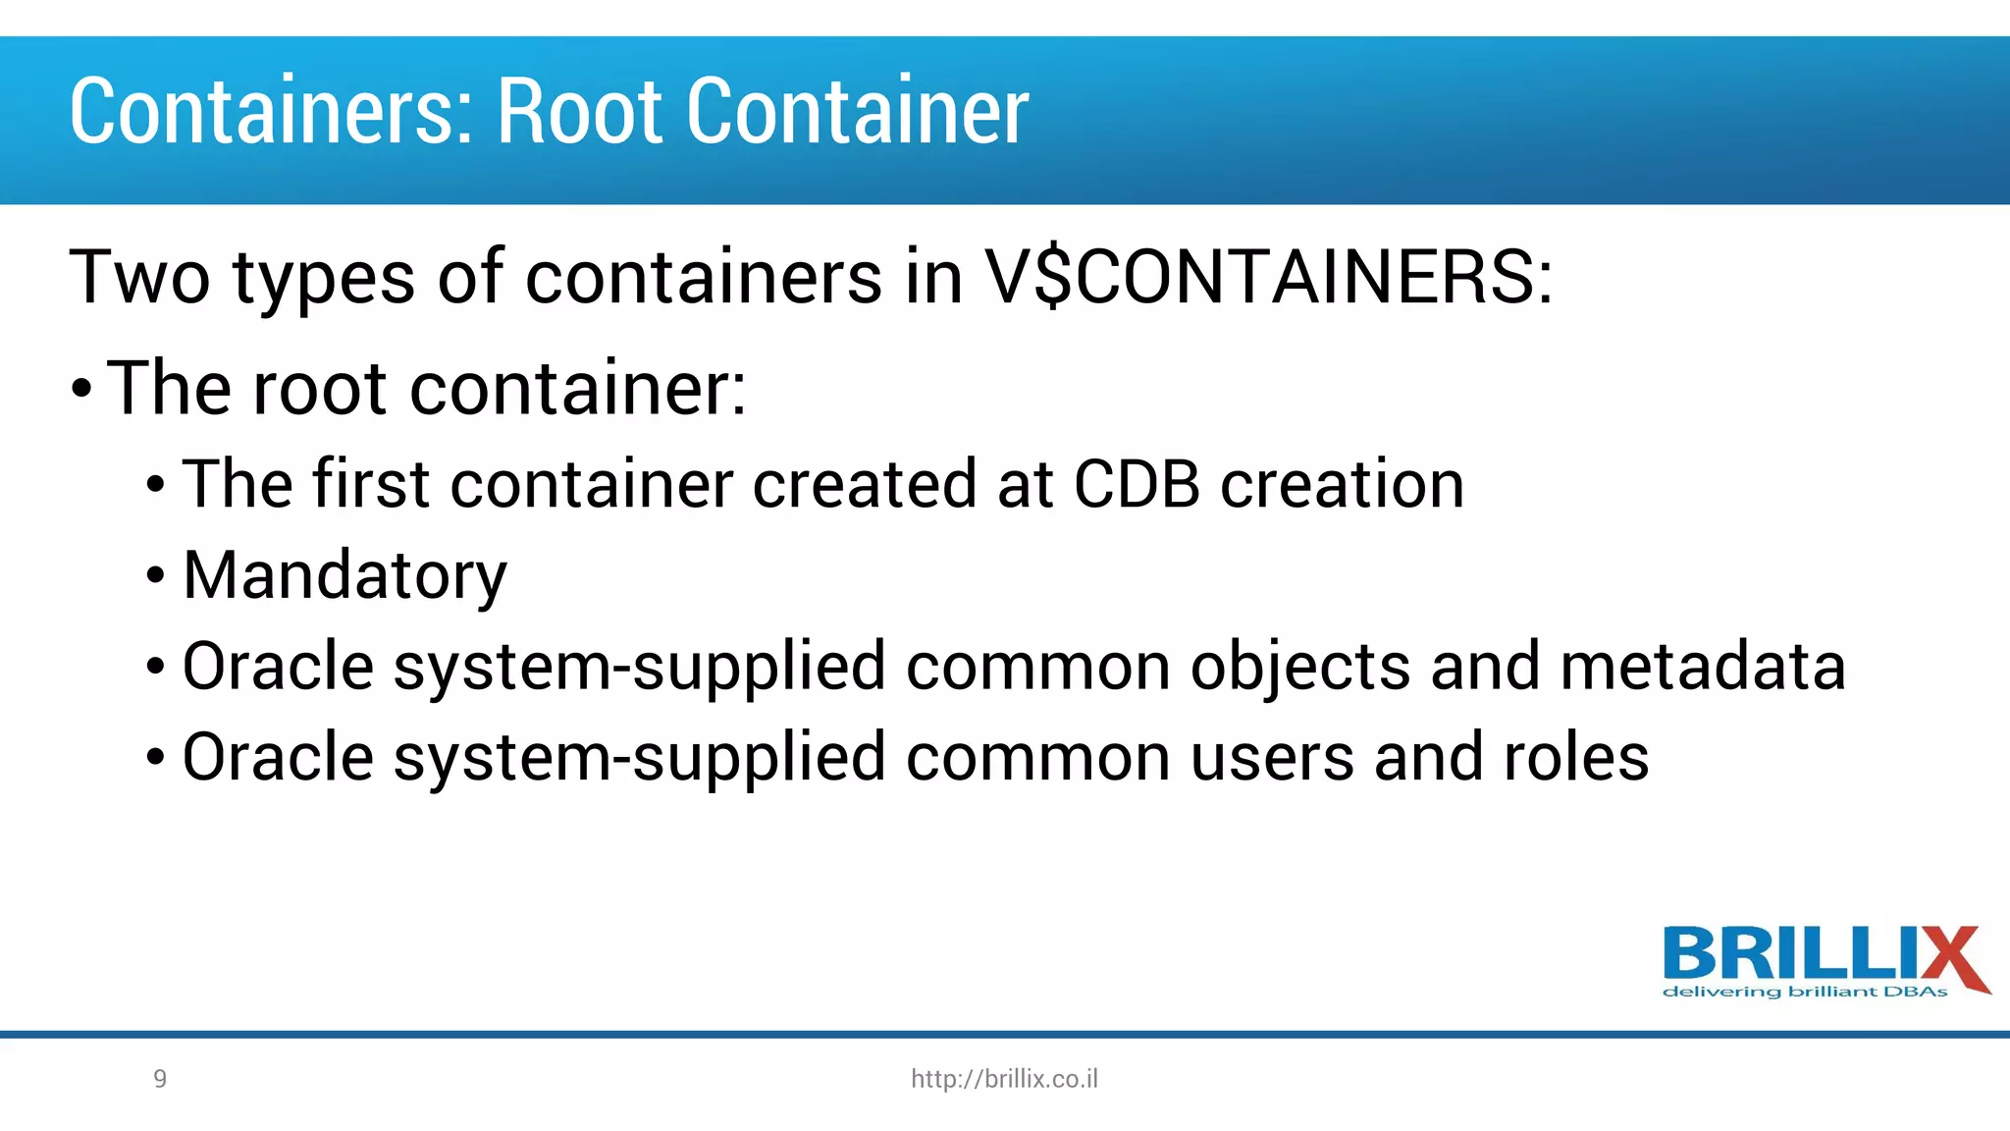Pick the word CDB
(x=1137, y=484)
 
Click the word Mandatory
(x=344, y=576)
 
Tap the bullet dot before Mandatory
(x=155, y=576)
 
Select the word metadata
(x=1703, y=667)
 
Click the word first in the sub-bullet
(x=371, y=484)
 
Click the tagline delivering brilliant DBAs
(x=1805, y=992)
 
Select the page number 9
(x=160, y=1079)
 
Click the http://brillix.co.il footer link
(x=1004, y=1079)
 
